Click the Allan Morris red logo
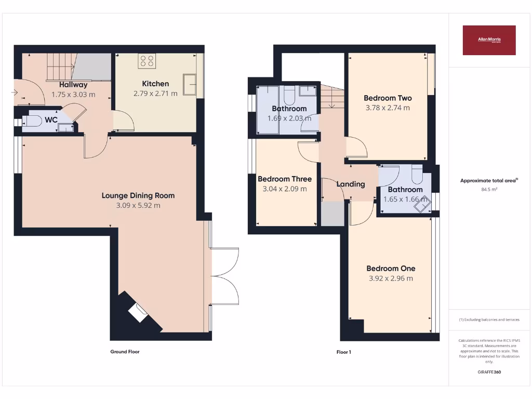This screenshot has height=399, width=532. [x=489, y=40]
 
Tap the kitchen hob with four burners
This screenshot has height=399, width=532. [x=147, y=61]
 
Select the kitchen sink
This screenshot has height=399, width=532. [x=190, y=85]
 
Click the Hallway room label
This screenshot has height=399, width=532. [x=73, y=85]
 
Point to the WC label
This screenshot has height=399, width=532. [x=51, y=119]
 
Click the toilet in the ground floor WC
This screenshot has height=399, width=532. [x=33, y=122]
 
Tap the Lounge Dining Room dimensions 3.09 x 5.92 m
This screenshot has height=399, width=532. [x=138, y=205]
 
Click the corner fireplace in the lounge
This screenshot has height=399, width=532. [x=138, y=313]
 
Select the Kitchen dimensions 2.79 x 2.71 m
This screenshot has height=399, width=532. [x=155, y=94]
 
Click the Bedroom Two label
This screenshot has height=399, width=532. [x=388, y=98]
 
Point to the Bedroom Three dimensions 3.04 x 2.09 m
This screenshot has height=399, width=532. [x=285, y=189]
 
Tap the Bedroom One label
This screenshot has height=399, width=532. [x=391, y=268]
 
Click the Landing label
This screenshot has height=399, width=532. [x=351, y=184]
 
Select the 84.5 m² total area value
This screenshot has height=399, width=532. [x=489, y=190]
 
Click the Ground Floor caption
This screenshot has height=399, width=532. [x=125, y=352]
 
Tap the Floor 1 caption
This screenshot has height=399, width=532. [x=343, y=352]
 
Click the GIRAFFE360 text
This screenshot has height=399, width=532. [x=489, y=372]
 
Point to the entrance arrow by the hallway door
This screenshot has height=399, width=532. [x=13, y=93]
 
